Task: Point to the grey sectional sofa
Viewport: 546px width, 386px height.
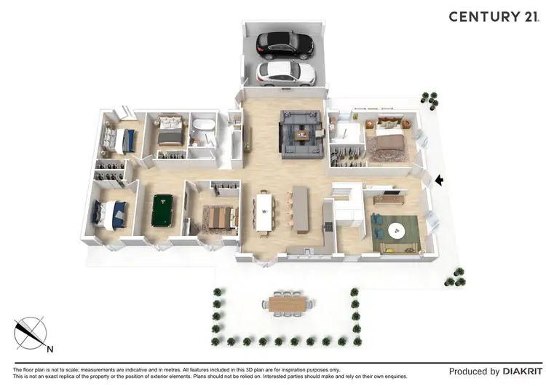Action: pyautogui.click(x=300, y=132)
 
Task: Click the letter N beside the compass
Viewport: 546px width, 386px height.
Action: pyautogui.click(x=50, y=349)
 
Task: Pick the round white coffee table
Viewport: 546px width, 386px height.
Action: pyautogui.click(x=395, y=230)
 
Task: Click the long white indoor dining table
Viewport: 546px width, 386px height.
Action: pyautogui.click(x=264, y=211)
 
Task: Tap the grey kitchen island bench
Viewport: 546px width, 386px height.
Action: pyautogui.click(x=299, y=208)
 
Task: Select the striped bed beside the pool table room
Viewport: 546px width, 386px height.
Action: pyautogui.click(x=221, y=217)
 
